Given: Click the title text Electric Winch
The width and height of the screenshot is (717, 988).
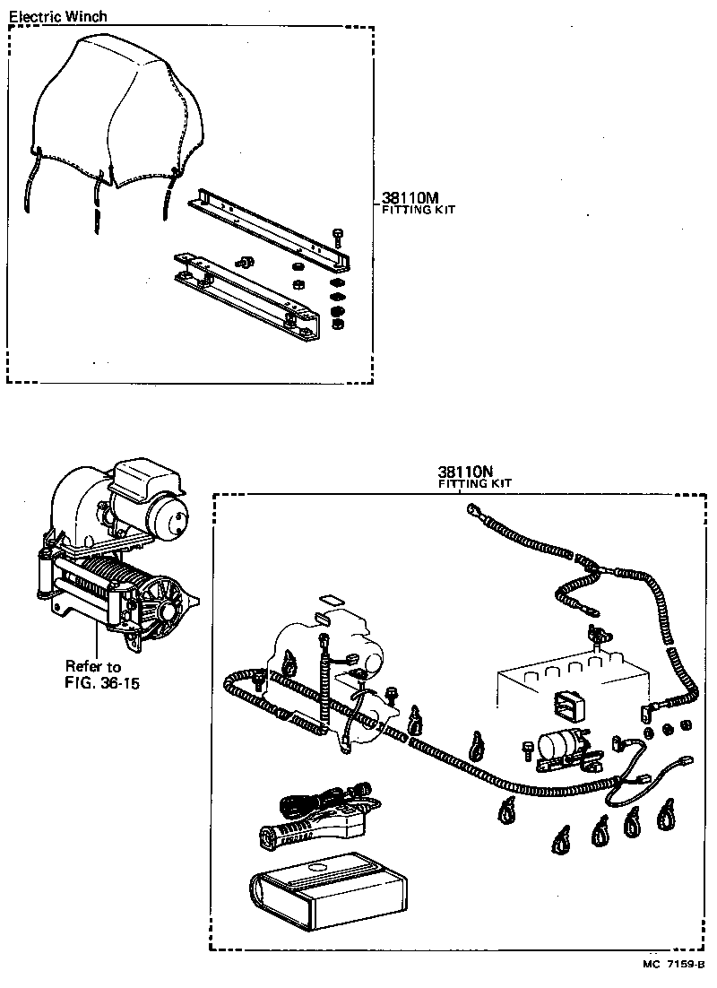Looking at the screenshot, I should pyautogui.click(x=57, y=16).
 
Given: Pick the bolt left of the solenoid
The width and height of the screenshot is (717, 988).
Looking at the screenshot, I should pyautogui.click(x=529, y=746).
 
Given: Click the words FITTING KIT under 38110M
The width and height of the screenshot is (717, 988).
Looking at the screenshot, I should pyautogui.click(x=413, y=211).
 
